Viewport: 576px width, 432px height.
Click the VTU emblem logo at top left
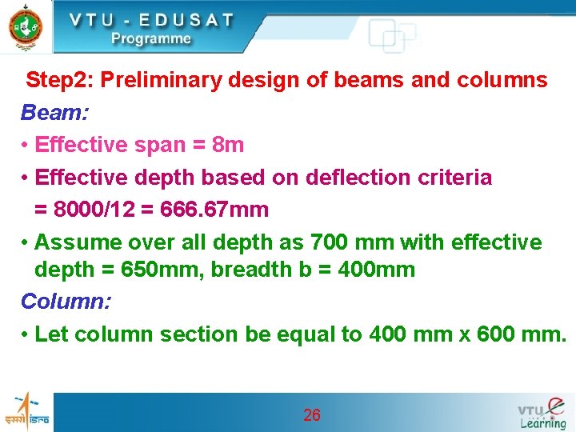coord(25,26)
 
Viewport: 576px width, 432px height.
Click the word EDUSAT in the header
coord(183,20)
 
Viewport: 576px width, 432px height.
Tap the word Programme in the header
coord(151,38)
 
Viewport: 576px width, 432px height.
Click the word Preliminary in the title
coord(161,81)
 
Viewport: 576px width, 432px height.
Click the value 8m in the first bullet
coord(228,145)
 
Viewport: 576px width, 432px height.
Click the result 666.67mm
coord(214,210)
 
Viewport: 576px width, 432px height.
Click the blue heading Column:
coord(66,302)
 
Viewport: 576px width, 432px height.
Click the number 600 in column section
coord(496,334)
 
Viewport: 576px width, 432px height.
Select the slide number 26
coord(312,414)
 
